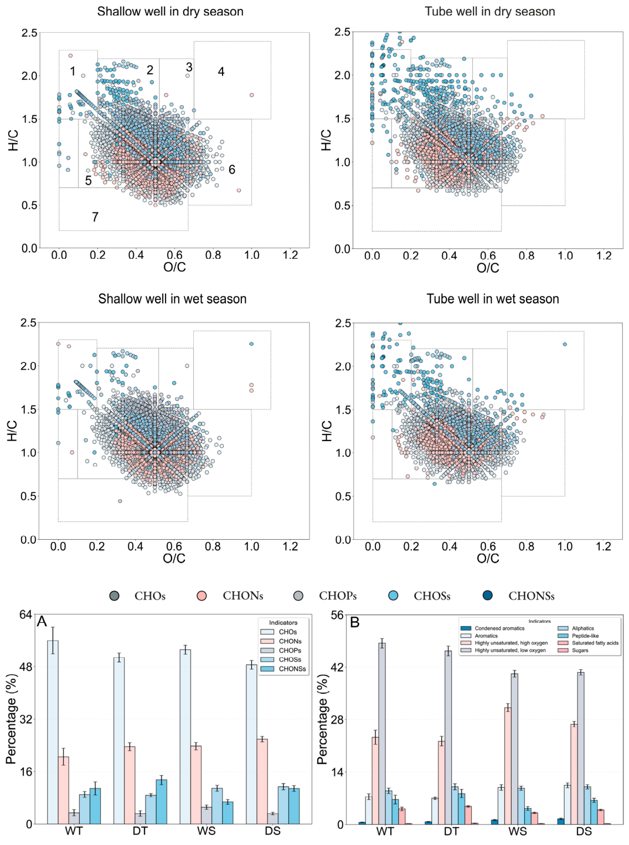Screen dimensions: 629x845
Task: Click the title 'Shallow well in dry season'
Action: pos(170,12)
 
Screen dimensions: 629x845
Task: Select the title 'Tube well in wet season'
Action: pos(493,299)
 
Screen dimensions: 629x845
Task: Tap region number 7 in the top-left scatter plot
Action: pos(95,217)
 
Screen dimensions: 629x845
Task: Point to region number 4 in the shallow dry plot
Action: pos(221,71)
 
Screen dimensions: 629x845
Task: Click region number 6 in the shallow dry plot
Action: pos(232,169)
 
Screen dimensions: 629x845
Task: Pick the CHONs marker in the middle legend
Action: pos(202,596)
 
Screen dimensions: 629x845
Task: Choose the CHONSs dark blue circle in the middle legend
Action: pos(487,595)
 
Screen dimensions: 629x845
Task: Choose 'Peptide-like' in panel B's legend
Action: pos(586,636)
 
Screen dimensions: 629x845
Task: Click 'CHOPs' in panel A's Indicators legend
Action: pos(290,651)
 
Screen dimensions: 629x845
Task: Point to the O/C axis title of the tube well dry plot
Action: pos(488,268)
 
